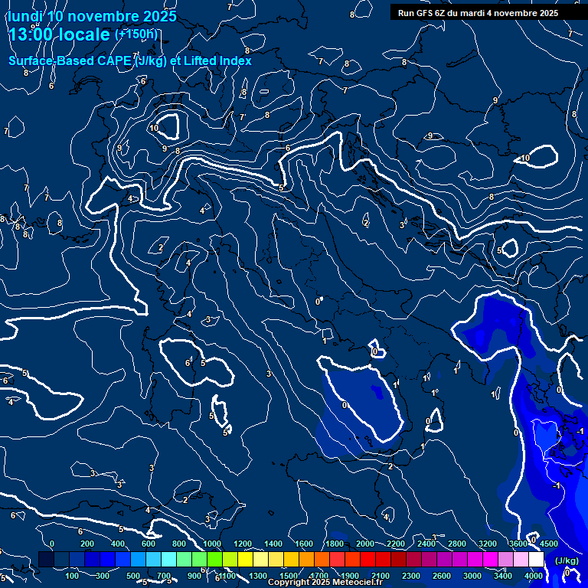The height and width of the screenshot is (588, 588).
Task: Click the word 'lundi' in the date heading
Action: click(25, 16)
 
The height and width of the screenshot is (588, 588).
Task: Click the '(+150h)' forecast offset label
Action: click(136, 34)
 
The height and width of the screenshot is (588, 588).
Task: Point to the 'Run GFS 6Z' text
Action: click(422, 13)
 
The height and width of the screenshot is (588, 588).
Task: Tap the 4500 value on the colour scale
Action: click(548, 544)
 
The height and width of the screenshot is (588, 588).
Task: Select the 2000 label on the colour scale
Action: click(365, 544)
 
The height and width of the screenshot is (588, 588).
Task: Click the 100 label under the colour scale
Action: click(72, 576)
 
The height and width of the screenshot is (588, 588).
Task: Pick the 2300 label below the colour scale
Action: click(411, 576)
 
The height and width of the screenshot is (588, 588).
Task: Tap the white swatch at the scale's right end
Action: click(536, 560)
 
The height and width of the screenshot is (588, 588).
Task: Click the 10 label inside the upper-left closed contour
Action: click(154, 128)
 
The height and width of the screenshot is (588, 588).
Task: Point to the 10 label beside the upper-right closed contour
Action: click(524, 158)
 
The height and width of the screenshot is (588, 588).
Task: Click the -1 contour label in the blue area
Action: click(557, 485)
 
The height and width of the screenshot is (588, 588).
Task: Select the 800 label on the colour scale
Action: click(179, 544)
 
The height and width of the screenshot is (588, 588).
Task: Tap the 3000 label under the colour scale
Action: click(472, 576)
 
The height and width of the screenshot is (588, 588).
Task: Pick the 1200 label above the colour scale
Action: click(242, 544)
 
